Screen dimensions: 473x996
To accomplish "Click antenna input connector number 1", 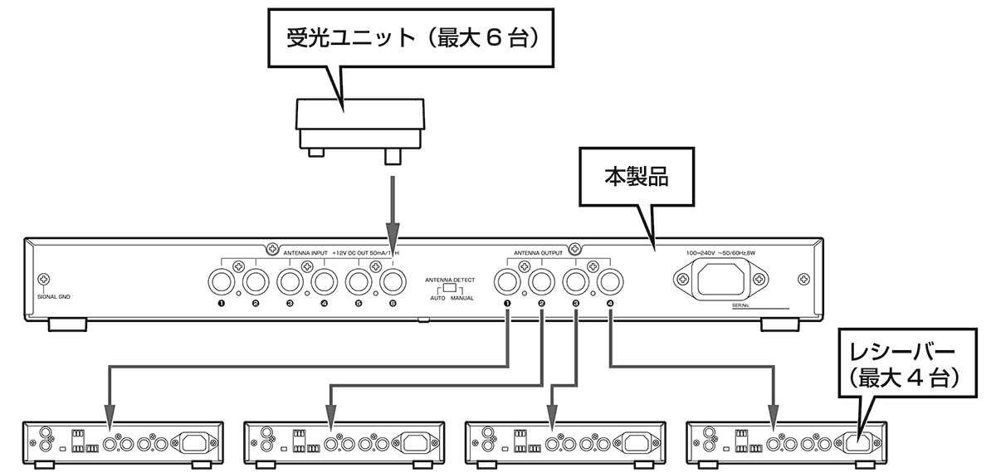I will tap(222, 282).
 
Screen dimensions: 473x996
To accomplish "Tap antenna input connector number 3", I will tap(290, 282).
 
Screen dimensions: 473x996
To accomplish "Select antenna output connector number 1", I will tap(507, 282).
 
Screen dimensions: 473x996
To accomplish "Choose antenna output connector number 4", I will tap(610, 282).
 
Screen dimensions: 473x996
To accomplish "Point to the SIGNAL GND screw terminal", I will tap(44, 281).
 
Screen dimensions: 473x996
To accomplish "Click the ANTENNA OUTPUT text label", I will tap(538, 252).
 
